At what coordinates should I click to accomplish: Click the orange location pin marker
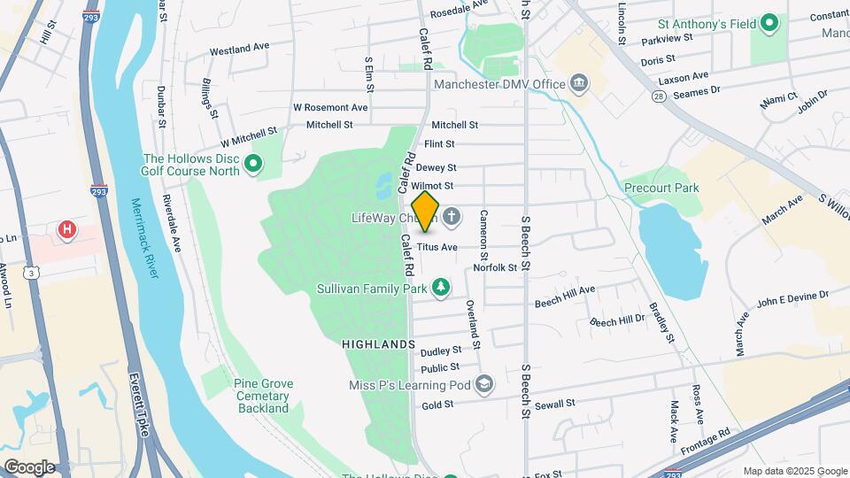426,212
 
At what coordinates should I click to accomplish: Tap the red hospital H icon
66,231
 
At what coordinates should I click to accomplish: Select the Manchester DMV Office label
499,84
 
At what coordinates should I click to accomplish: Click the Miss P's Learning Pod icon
484,384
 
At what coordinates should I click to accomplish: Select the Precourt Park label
661,188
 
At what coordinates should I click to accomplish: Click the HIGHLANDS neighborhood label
378,343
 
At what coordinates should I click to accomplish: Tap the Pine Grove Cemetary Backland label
263,396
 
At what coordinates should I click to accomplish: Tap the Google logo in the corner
29,466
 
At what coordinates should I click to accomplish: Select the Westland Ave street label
238,46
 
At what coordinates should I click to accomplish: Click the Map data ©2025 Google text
794,471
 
